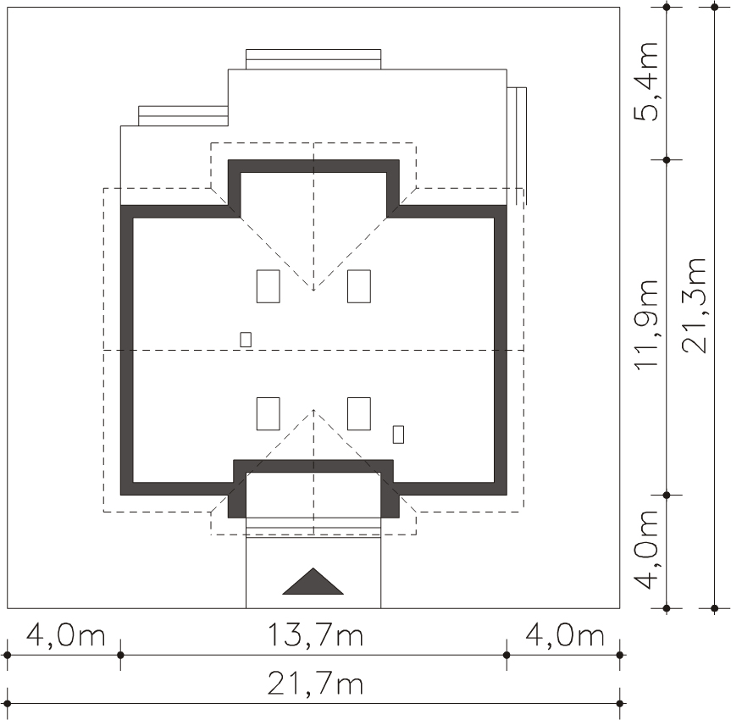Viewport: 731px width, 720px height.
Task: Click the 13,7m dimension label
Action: tap(315, 635)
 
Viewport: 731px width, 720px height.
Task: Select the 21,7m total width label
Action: tap(315, 684)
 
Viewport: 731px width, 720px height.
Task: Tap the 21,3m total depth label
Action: tap(694, 306)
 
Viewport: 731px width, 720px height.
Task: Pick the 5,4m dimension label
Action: tap(645, 82)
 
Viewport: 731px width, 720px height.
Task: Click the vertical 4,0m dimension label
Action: tap(645, 550)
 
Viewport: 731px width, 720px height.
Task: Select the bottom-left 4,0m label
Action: tap(66, 635)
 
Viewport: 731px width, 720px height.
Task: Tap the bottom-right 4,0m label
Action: tap(565, 635)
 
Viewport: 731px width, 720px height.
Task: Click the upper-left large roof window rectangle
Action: tap(268, 286)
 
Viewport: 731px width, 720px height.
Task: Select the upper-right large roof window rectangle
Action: tap(359, 286)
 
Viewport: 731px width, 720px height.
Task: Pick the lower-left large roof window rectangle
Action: tap(268, 413)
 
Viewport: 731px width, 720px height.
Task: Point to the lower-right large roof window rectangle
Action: tap(359, 413)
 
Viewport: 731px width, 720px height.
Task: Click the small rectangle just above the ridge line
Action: tap(246, 340)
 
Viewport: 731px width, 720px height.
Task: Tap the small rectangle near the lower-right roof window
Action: tap(398, 435)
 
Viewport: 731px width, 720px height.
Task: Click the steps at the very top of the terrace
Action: tap(313, 59)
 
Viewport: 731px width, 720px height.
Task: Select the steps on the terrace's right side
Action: tap(517, 146)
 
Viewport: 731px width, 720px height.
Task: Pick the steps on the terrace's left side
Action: tap(183, 116)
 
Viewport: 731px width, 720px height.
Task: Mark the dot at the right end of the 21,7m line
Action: tap(619, 704)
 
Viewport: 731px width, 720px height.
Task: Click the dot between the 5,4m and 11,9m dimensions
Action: tap(667, 160)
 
